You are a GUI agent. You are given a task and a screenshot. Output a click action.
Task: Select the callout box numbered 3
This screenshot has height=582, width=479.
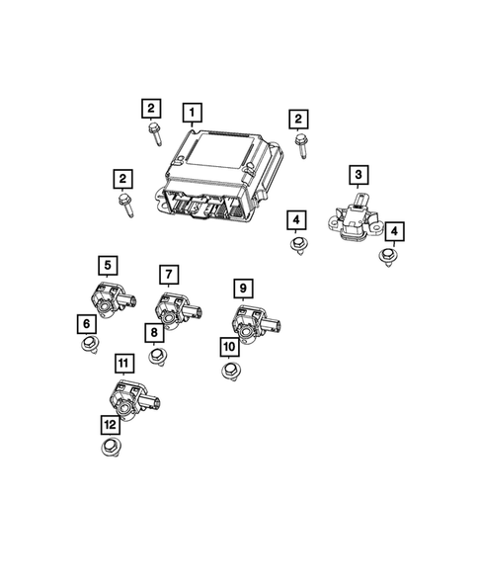click(x=358, y=176)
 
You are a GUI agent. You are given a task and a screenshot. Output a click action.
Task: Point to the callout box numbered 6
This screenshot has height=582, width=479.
click(x=86, y=322)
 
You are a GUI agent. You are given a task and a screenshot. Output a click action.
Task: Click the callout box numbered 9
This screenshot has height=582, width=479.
click(x=241, y=288)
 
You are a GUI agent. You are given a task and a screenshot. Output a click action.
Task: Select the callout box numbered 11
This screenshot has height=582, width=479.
click(x=122, y=364)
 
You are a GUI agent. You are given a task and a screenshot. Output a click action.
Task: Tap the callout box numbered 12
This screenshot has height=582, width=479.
click(x=109, y=423)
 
